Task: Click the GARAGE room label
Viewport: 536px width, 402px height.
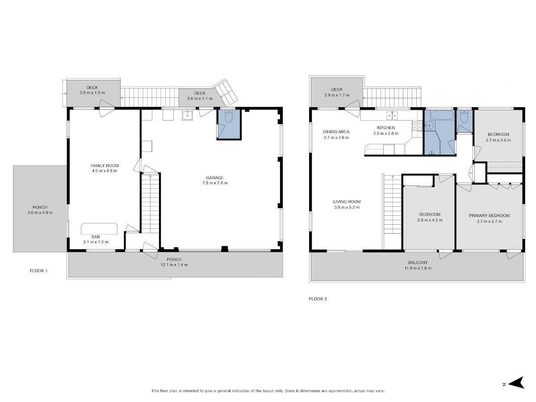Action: coord(214,178)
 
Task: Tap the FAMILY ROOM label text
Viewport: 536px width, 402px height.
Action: coord(105,165)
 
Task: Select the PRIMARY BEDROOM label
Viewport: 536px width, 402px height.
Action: coord(489,216)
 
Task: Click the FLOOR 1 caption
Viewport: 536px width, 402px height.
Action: coord(38,270)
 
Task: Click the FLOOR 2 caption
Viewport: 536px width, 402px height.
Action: coord(318,299)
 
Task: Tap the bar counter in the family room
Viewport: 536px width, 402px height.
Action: coord(99,229)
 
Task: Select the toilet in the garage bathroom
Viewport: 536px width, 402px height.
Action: coord(229,116)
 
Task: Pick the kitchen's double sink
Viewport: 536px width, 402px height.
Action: coord(392,115)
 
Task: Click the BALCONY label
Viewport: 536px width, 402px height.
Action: coord(418,262)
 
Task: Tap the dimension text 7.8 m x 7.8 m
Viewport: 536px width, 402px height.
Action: coord(215,183)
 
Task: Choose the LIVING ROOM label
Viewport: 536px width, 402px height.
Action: coord(347,201)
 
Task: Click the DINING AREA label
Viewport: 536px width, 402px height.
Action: coord(336,132)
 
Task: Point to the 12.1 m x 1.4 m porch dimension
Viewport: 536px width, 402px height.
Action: coord(174,264)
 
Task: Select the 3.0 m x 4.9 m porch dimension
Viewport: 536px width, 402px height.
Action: coord(40,212)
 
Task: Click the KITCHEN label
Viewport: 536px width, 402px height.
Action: coord(386,128)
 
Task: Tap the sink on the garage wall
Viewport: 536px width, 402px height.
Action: coord(187,115)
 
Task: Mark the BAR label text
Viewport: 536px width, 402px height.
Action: coord(96,237)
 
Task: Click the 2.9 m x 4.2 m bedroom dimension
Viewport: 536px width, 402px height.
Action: coord(430,220)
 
